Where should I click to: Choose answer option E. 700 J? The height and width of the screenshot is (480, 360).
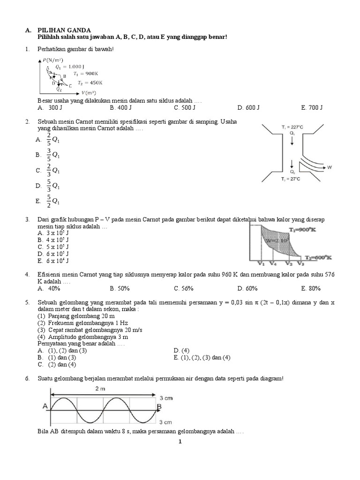[312, 107]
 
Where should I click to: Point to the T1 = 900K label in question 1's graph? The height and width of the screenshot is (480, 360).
[87, 73]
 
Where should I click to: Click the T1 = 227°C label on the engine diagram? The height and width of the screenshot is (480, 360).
[292, 127]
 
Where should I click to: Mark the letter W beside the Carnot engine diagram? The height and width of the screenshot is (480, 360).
[330, 166]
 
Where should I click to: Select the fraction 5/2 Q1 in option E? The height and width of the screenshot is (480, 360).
[53, 201]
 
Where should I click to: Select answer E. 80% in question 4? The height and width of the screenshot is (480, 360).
[311, 288]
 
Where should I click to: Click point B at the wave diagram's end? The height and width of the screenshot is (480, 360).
[159, 406]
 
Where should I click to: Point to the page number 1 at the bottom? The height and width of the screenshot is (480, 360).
[180, 441]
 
